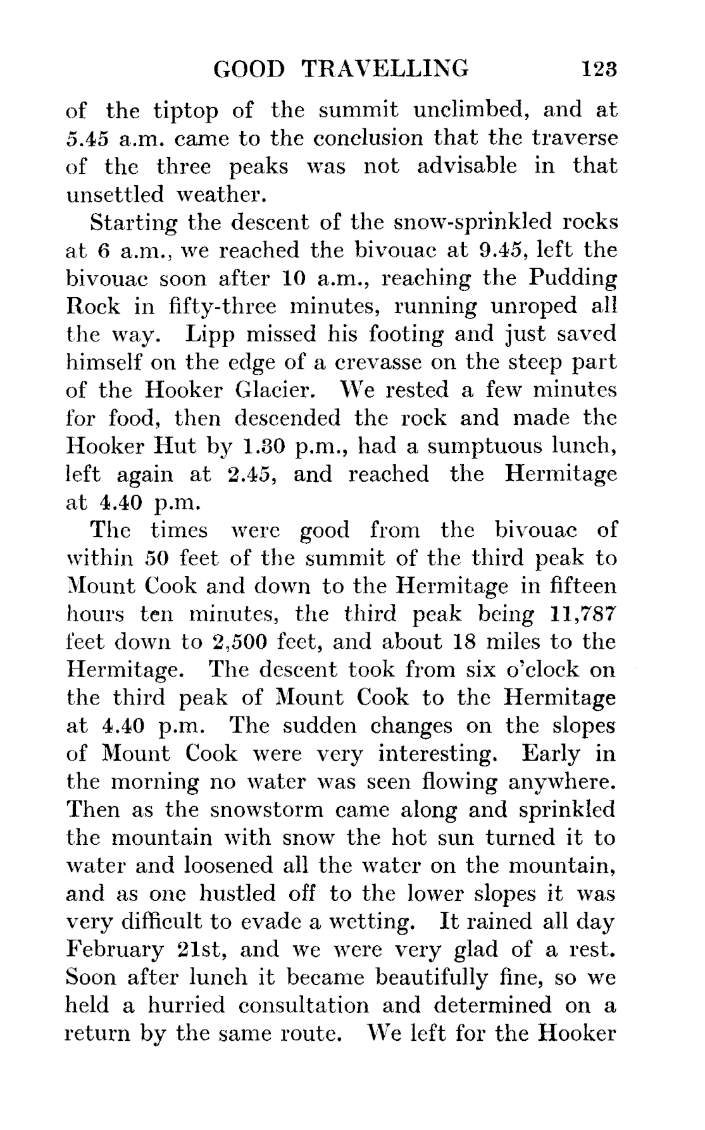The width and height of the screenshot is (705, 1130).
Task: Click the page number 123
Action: pos(599,68)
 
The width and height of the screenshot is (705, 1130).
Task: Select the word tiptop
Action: pos(186,111)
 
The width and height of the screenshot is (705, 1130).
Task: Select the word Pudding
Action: pos(572,279)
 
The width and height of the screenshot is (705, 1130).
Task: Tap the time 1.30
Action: pos(262,446)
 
